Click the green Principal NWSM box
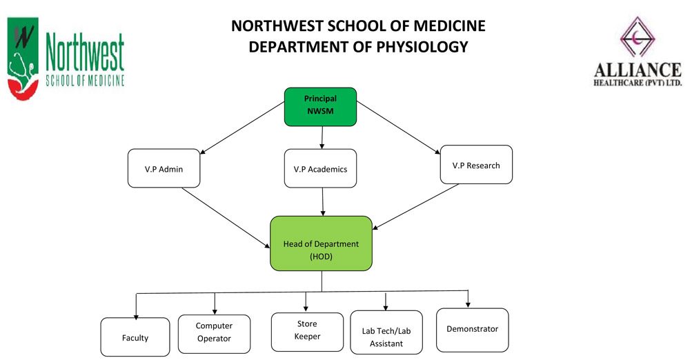[320, 107]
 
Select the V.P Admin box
[164, 168]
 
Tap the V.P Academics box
[320, 168]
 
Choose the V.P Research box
[476, 165]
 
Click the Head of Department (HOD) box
[322, 243]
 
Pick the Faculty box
[135, 337]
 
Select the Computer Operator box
[215, 334]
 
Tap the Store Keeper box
[307, 332]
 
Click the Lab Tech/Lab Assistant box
[386, 332]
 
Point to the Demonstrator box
[472, 330]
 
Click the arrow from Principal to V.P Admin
[242, 128]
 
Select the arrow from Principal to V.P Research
[398, 128]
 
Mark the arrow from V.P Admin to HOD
[226, 218]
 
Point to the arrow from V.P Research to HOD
[415, 207]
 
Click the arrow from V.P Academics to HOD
[322, 201]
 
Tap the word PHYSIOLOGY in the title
[419, 47]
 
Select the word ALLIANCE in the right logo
[638, 70]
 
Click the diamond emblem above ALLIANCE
[638, 37]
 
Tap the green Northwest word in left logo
[85, 53]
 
